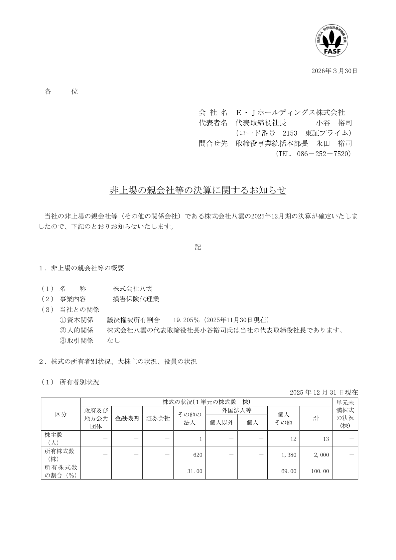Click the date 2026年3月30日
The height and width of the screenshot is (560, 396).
point(334,71)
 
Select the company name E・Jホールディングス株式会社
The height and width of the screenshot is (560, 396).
point(290,112)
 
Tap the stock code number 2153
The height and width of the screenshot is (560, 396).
point(290,133)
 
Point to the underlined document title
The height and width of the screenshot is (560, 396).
point(198,190)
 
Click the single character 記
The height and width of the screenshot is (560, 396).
point(198,247)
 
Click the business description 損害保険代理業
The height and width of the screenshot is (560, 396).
point(136,299)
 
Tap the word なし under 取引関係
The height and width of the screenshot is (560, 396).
point(113,341)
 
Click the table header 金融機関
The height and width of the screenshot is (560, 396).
point(127,418)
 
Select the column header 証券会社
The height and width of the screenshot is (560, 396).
point(158,418)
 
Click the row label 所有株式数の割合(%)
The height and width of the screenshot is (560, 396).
point(61,471)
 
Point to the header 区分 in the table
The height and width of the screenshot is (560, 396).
point(61,414)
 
